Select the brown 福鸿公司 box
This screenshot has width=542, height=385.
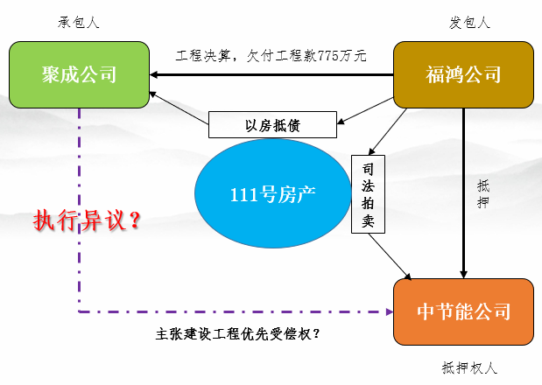[x=463, y=73]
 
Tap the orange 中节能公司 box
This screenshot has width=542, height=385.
[x=463, y=311]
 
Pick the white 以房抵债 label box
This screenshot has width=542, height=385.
[x=272, y=124]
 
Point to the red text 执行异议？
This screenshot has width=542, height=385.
[x=88, y=221]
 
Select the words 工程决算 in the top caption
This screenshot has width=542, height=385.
[x=201, y=55]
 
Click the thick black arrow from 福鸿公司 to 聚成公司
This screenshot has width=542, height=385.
[x=271, y=73]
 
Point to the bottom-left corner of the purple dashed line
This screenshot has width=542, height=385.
[x=79, y=311]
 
